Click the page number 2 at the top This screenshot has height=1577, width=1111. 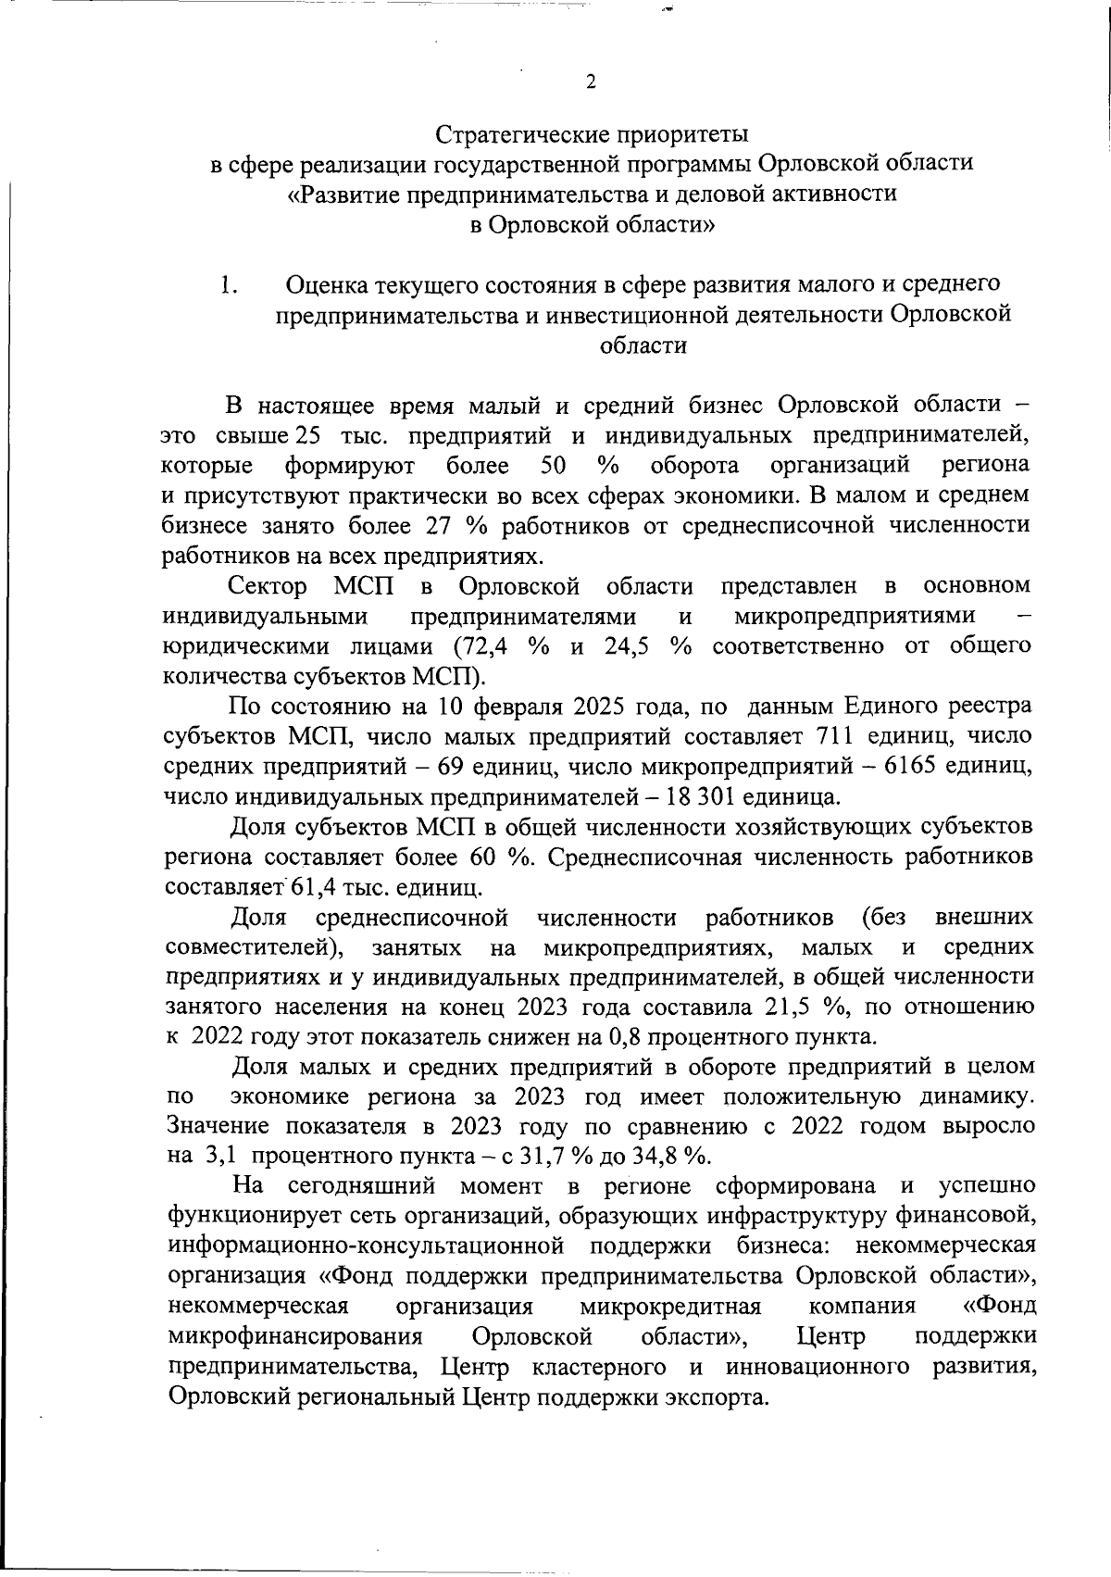coord(591,81)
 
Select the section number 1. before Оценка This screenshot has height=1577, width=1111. coord(229,285)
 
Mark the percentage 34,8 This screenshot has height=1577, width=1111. coord(662,1157)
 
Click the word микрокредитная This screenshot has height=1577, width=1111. coord(670,1307)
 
